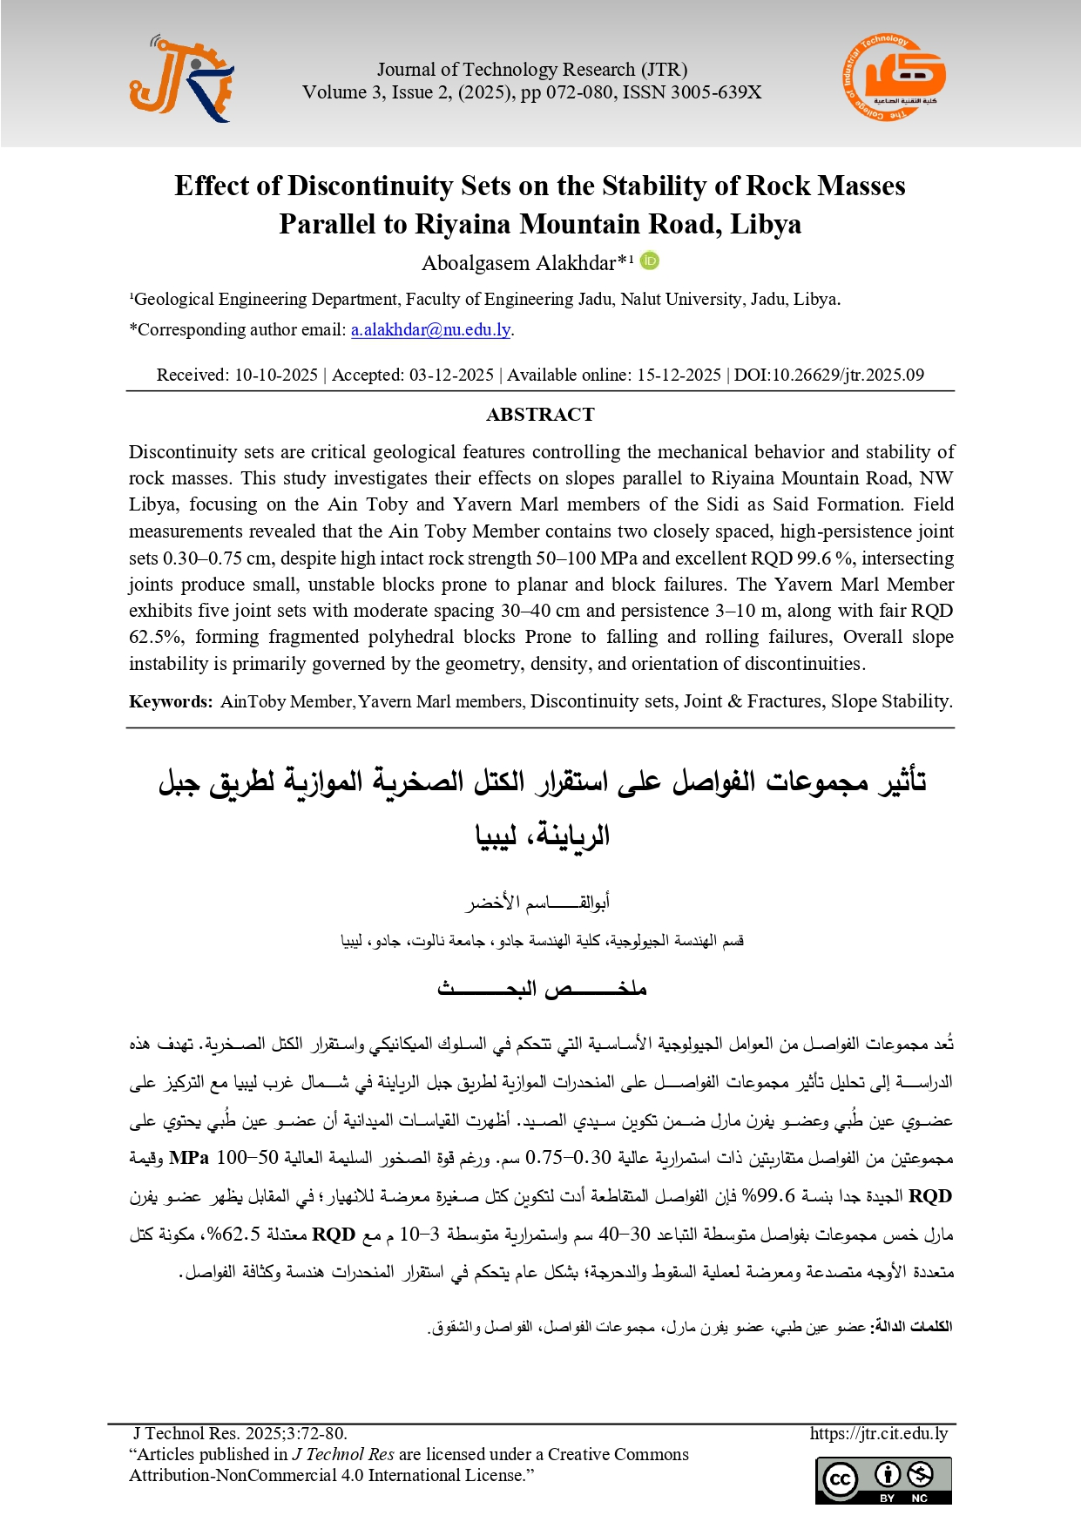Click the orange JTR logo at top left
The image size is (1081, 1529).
pos(181,80)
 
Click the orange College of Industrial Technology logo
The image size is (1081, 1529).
pos(894,78)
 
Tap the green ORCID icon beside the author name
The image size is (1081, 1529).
pos(650,260)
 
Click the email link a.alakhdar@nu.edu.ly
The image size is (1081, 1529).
pos(430,329)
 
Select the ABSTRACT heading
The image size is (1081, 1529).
pos(540,415)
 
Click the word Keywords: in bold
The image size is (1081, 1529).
pos(170,701)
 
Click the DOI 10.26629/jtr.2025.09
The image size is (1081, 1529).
pos(829,375)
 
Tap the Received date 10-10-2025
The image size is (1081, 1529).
pos(275,375)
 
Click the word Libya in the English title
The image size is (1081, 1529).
pos(765,224)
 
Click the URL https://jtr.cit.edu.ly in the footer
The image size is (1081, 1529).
pos(878,1433)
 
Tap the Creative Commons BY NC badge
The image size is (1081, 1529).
pos(883,1479)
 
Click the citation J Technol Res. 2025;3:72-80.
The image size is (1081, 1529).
pos(240,1433)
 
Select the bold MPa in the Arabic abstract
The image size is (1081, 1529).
pos(190,1158)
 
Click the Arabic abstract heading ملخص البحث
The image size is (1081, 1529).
pos(541,989)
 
